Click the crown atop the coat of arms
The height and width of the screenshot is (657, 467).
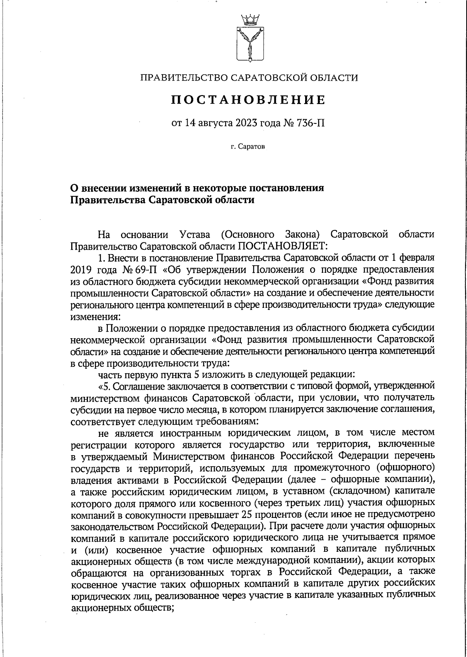pyautogui.click(x=249, y=18)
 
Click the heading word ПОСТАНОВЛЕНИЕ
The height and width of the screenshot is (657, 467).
pyautogui.click(x=249, y=100)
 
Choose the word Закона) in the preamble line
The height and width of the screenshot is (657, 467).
pyautogui.click(x=303, y=235)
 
